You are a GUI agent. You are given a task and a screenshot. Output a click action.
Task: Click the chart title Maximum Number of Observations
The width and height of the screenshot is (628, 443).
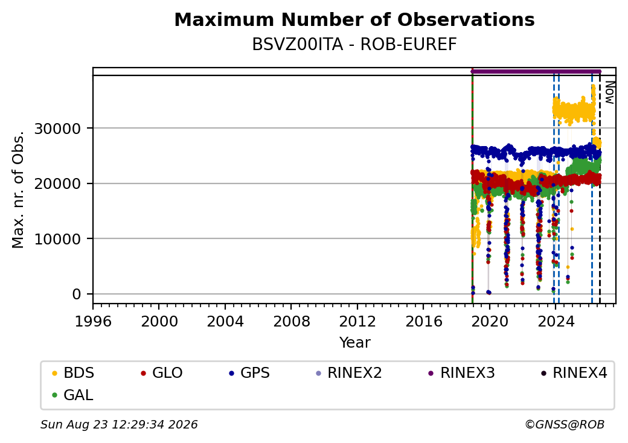pos(354,19)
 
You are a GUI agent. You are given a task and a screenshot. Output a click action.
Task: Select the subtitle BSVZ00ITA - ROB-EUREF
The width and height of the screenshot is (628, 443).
pos(354,45)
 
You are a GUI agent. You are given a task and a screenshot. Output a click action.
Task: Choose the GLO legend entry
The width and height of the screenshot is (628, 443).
pos(161,373)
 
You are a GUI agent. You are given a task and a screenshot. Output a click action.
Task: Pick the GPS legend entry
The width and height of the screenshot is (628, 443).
pos(249,373)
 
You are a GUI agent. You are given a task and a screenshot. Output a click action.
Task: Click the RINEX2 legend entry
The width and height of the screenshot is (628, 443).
pos(349,373)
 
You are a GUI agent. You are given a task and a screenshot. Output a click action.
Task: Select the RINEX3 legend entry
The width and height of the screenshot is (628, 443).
pos(461,373)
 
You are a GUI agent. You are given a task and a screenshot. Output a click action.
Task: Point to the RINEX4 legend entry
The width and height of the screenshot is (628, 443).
pos(574,373)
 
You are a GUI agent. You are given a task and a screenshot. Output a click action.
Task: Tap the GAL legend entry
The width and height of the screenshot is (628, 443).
pos(72,395)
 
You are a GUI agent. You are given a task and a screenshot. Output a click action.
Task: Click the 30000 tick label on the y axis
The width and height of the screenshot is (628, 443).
pos(58,129)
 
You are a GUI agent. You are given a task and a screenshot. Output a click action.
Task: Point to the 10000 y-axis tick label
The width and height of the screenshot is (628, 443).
pos(58,240)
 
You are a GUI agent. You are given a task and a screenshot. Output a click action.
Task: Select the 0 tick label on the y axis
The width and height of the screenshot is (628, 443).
pos(77,295)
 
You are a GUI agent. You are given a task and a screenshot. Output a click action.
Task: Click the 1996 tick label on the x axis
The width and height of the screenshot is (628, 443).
pos(93,321)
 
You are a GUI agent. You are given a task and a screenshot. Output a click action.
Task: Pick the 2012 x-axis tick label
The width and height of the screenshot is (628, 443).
pos(357,321)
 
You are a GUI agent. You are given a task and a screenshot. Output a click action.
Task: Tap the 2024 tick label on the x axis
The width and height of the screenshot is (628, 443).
pos(556,321)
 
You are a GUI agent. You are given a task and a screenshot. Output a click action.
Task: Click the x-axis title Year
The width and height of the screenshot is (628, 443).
pos(355,343)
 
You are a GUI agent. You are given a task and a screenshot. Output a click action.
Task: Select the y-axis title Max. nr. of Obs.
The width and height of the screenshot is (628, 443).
pos(18,190)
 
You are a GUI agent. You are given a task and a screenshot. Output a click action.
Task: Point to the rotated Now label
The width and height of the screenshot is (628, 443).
pos(609,92)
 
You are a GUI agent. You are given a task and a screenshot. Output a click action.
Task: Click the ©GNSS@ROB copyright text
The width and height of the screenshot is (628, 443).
pos(565,424)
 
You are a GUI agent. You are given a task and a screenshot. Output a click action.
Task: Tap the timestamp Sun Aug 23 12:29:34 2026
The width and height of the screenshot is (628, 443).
pos(119,424)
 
